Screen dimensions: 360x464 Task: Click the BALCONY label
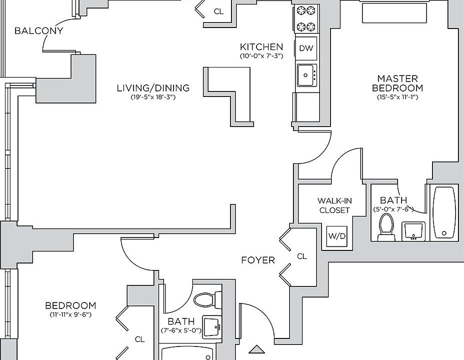(39, 31)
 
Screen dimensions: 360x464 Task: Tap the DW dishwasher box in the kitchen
(306, 48)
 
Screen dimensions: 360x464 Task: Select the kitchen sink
(306, 75)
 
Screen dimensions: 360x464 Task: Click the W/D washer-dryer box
(336, 236)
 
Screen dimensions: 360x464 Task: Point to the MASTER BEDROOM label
(397, 83)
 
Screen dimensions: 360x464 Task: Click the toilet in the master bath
(386, 227)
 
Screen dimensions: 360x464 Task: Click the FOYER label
(258, 260)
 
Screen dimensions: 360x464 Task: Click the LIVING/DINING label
(153, 88)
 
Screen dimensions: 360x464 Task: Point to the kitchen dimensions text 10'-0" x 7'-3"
(261, 56)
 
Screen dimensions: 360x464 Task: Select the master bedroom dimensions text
(397, 97)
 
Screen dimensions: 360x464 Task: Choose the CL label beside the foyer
(302, 256)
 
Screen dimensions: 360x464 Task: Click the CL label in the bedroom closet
(139, 339)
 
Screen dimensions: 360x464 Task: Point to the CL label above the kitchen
(218, 11)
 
